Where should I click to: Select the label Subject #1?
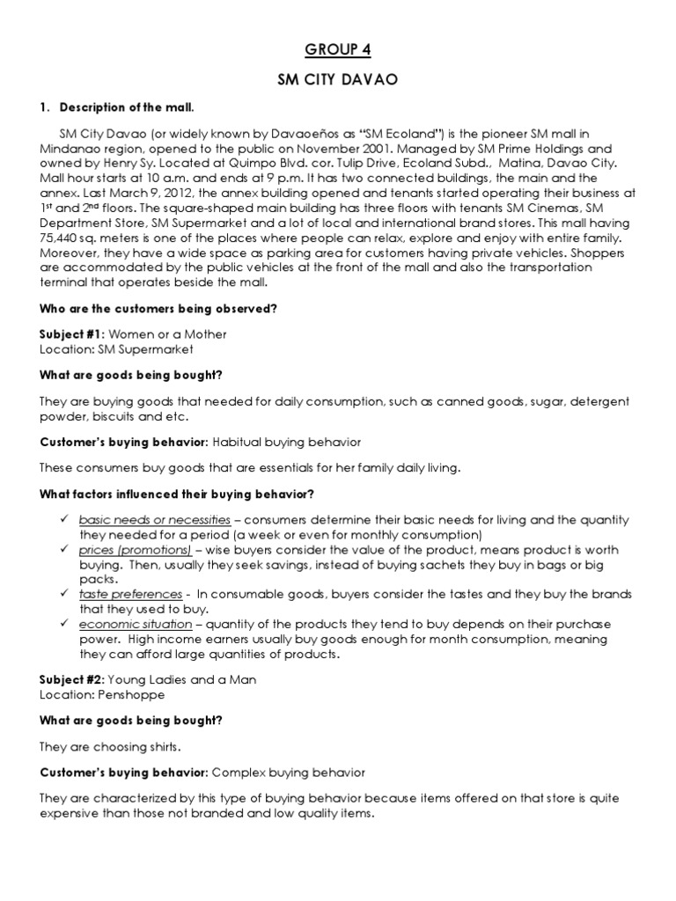point(72,334)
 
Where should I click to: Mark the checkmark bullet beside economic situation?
point(63,624)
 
